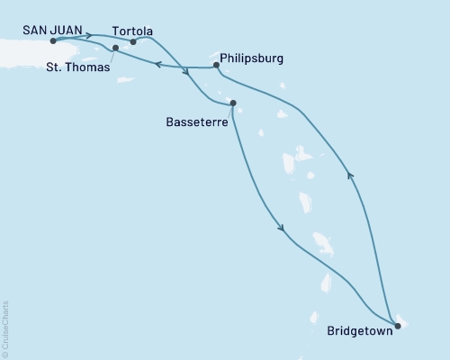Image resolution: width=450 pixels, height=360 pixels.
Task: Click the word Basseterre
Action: [196, 118]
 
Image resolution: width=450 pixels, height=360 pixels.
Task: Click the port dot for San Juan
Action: [54, 41]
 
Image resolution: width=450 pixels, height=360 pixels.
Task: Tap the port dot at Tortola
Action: [133, 41]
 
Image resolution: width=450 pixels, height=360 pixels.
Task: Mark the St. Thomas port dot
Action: [115, 48]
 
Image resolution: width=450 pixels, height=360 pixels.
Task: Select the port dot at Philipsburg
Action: [217, 65]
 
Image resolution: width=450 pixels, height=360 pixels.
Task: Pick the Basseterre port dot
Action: [233, 103]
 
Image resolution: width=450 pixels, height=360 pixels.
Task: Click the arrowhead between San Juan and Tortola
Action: [88, 36]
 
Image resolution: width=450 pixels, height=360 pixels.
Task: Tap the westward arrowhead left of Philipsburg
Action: [157, 64]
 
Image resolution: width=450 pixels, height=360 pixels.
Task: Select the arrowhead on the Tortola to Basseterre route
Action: [185, 74]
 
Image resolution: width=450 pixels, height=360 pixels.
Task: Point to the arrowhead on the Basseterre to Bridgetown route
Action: [283, 229]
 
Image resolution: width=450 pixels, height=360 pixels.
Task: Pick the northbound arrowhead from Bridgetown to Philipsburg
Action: [350, 177]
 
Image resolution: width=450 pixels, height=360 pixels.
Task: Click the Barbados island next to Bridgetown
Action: [402, 320]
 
